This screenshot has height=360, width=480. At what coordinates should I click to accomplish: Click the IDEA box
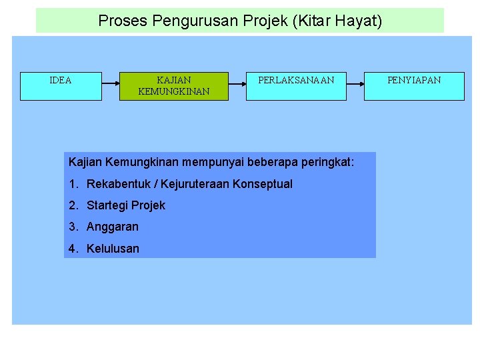[61, 86]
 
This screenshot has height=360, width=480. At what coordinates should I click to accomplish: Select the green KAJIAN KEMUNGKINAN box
[173, 86]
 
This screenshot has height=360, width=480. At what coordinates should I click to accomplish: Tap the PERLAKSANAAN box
[296, 86]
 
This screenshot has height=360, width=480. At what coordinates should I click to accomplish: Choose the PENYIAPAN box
[414, 86]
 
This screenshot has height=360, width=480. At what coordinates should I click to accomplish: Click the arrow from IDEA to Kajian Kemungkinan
[111, 86]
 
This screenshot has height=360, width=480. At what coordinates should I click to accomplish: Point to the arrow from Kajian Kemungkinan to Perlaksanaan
[237, 86]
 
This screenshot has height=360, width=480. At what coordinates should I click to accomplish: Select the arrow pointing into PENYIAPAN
[355, 86]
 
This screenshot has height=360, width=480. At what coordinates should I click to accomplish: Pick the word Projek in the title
[246, 21]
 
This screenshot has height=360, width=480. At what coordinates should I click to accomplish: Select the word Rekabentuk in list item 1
[117, 184]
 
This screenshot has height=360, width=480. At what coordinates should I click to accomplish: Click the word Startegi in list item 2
[109, 205]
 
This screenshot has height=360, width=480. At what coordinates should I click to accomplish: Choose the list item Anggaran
[112, 227]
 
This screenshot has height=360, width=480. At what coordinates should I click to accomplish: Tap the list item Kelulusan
[113, 249]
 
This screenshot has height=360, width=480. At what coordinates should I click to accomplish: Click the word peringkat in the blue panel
[327, 162]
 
